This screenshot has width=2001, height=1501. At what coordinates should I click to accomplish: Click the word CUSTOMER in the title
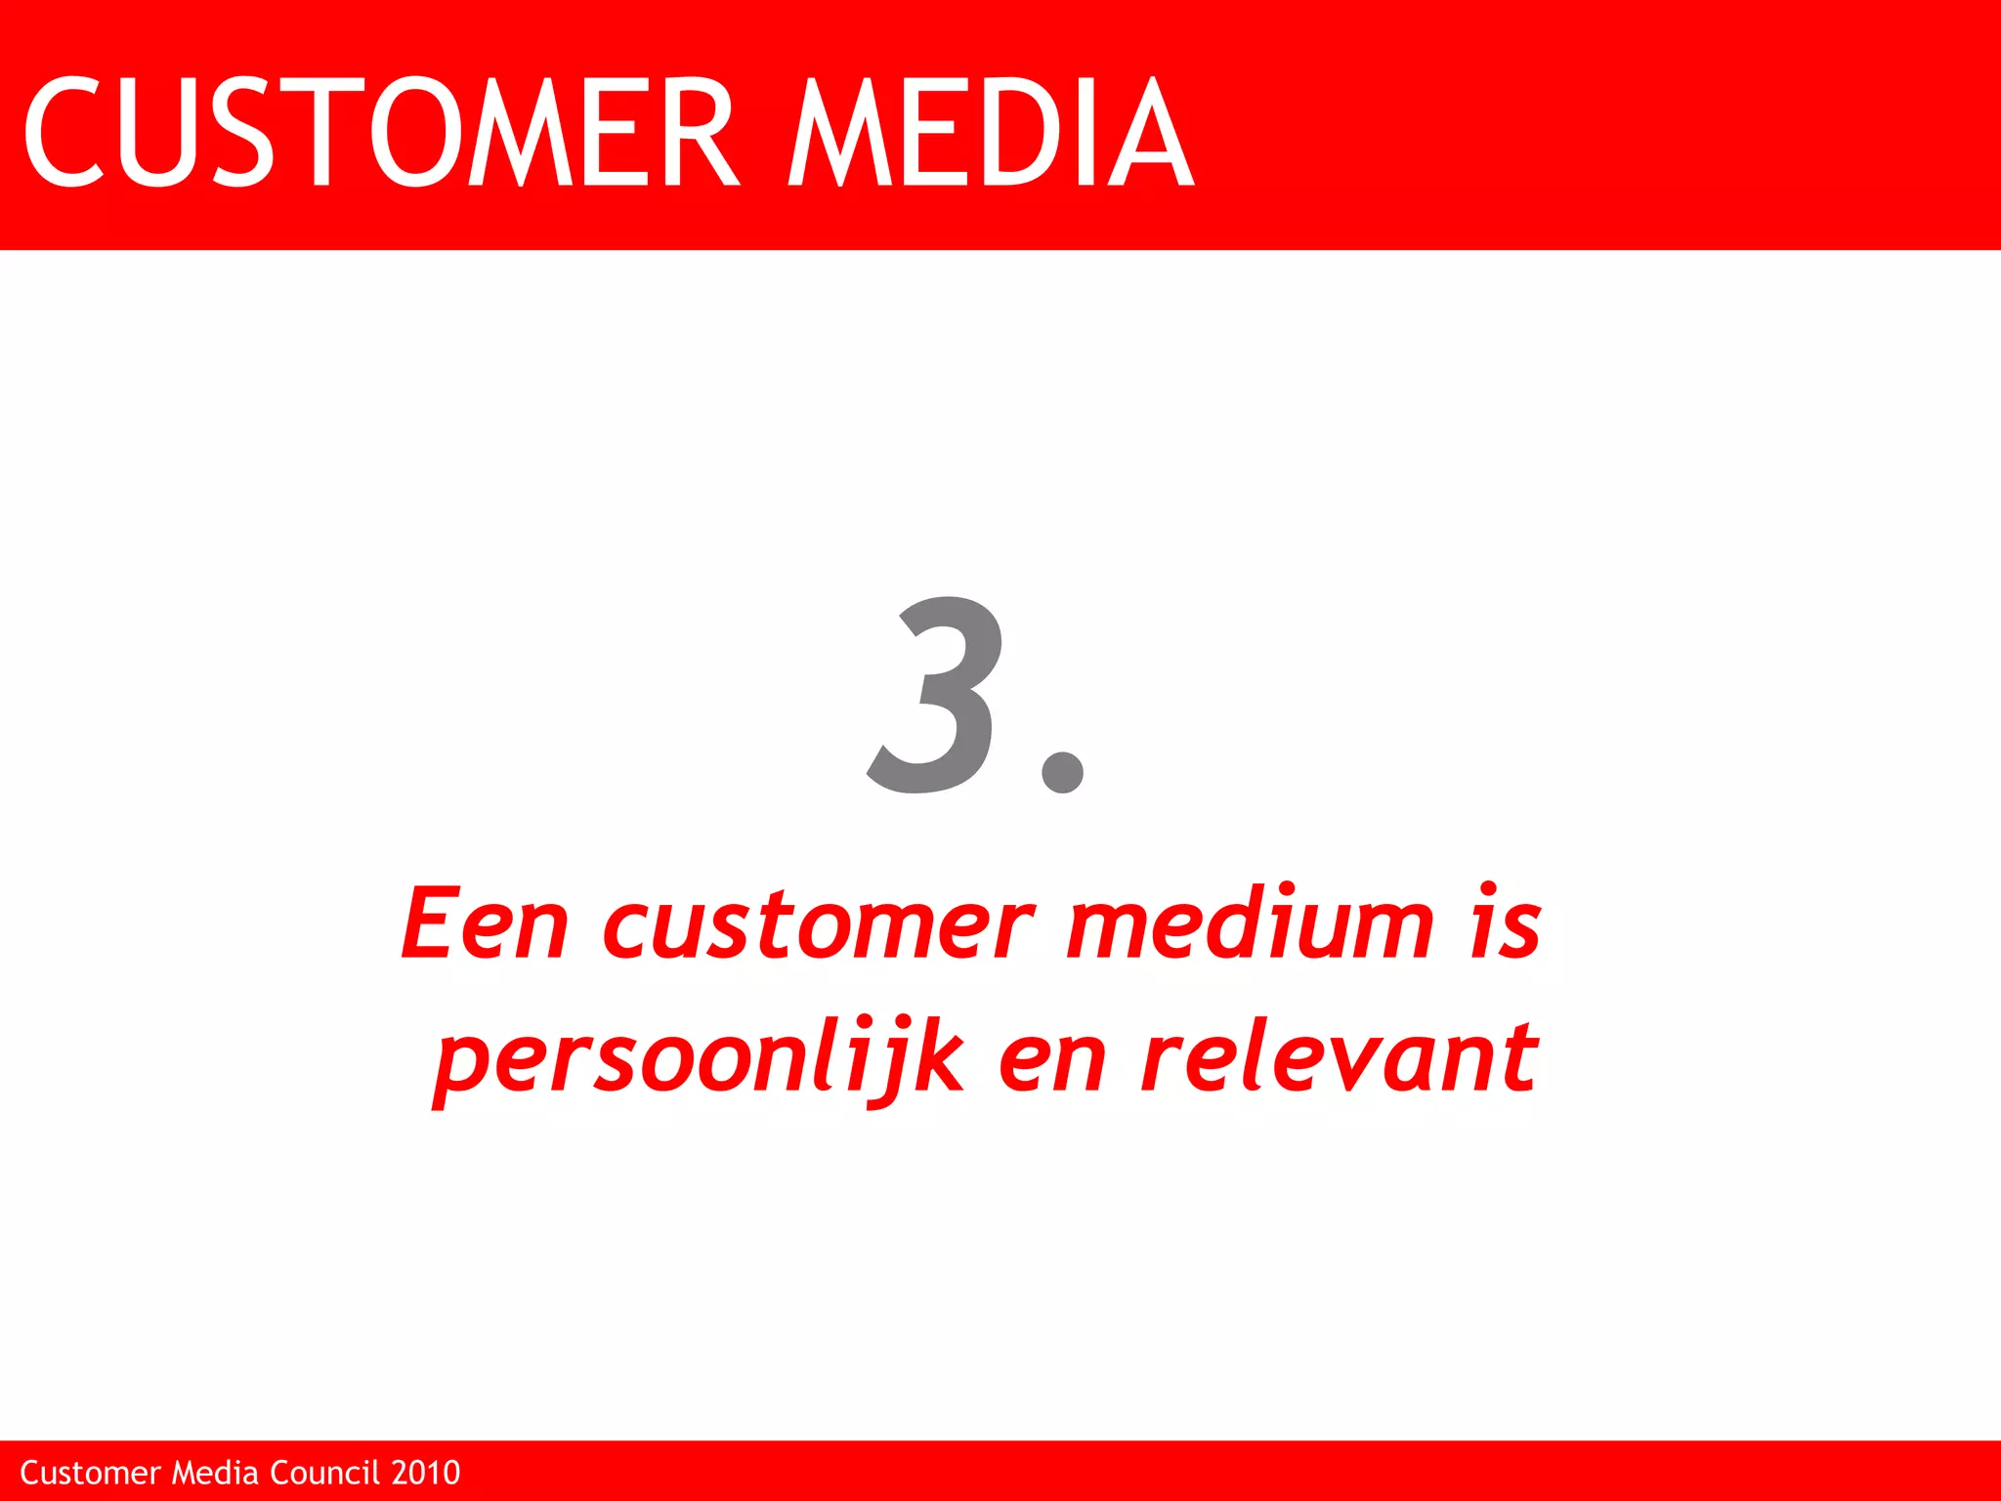381,132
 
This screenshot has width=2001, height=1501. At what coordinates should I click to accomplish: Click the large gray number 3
936,694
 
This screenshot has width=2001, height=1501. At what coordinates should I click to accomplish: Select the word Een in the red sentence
485,923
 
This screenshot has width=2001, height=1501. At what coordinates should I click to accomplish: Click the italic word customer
819,923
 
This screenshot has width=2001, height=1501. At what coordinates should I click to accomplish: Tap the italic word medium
1250,923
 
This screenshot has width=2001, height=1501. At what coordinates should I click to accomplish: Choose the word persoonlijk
700,1060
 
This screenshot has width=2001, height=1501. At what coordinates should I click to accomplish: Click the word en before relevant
1052,1060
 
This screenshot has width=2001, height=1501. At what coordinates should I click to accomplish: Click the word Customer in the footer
90,1473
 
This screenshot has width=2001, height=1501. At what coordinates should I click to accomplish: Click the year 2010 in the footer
426,1473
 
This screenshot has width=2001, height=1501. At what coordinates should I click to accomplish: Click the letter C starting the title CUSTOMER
64,132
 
